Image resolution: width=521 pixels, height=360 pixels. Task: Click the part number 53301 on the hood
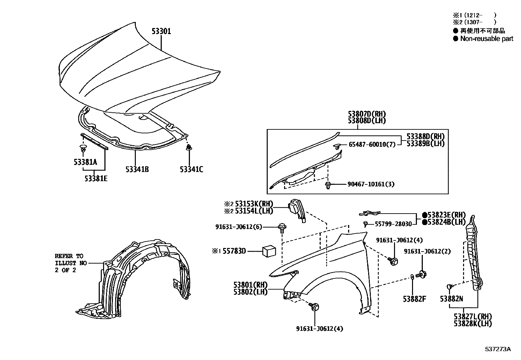[x=161, y=31]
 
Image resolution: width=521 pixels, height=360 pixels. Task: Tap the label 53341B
[x=137, y=169]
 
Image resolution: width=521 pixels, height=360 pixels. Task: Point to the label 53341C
[x=191, y=169]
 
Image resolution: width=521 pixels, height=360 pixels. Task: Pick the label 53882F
[x=414, y=299]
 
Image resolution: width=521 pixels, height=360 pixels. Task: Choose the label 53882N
[x=451, y=299]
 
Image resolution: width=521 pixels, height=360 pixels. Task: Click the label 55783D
[x=233, y=251]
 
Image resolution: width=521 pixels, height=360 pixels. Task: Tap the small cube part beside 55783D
[x=269, y=252]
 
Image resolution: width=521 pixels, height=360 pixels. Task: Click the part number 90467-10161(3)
[x=371, y=184]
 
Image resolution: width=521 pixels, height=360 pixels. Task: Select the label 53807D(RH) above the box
[x=367, y=114]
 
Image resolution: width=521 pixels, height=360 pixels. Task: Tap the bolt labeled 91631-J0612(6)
[x=282, y=226]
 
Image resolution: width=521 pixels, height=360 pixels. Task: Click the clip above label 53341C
[x=189, y=148]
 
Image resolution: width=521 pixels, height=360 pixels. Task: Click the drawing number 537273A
[x=497, y=349]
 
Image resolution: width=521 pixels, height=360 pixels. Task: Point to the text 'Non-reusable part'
[x=487, y=39]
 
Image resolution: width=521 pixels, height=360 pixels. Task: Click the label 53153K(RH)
[x=253, y=204]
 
